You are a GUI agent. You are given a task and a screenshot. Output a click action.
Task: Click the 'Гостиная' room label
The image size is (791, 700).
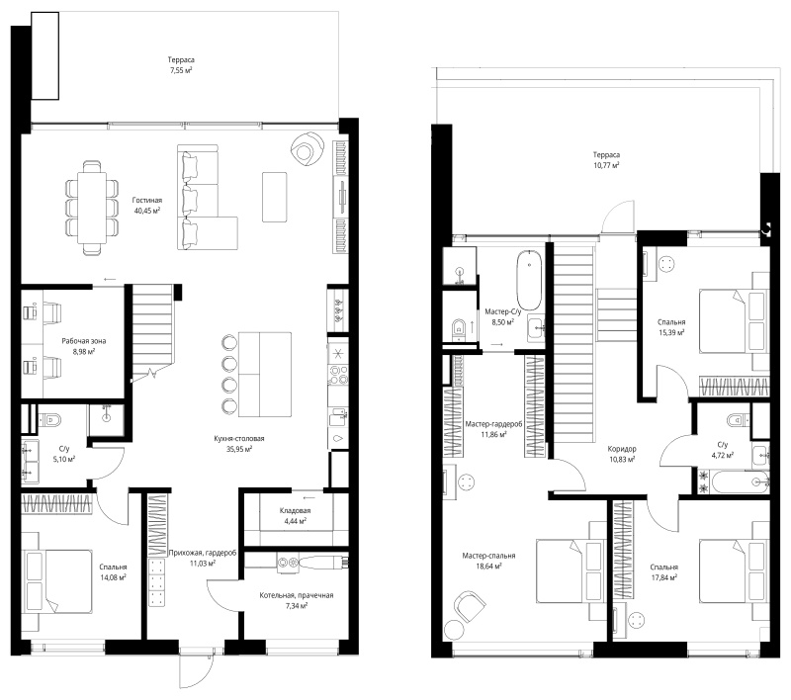pyautogui.click(x=147, y=201)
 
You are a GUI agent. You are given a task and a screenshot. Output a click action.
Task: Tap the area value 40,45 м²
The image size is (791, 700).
pyautogui.click(x=147, y=211)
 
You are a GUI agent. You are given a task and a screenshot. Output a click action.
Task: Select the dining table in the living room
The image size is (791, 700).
pyautogui.click(x=92, y=207)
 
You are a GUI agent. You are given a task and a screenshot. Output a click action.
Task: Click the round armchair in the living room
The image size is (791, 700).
pyautogui.click(x=308, y=147)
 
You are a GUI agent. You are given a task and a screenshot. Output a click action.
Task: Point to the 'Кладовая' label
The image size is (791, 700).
pyautogui.click(x=295, y=511)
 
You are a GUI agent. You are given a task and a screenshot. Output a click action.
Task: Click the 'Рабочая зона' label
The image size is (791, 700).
pyautogui.click(x=84, y=341)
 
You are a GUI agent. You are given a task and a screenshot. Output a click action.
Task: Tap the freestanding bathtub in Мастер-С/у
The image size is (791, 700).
pyautogui.click(x=529, y=280)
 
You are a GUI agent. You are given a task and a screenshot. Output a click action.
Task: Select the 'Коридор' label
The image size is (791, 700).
pyautogui.click(x=622, y=449)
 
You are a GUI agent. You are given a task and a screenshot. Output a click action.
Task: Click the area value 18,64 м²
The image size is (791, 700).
pyautogui.click(x=488, y=567)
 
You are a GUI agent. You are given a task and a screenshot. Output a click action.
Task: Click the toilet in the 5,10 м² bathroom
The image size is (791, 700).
pyautogui.click(x=49, y=419)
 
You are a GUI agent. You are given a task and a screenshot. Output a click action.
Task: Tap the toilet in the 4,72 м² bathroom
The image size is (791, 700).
pyautogui.click(x=739, y=419)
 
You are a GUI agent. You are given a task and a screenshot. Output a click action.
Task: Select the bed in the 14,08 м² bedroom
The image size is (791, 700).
pyautogui.click(x=59, y=581)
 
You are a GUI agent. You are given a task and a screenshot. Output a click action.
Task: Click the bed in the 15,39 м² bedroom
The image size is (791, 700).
pyautogui.click(x=733, y=320)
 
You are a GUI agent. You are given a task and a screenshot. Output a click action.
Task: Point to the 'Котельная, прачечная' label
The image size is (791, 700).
pyautogui.click(x=297, y=595)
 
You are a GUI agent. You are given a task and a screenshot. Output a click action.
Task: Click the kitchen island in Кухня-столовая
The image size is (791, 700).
pyautogui.click(x=265, y=374)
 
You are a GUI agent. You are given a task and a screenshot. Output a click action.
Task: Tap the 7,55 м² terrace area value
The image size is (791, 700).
pyautogui.click(x=181, y=70)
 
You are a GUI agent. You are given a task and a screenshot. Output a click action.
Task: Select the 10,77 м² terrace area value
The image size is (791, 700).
pyautogui.click(x=606, y=165)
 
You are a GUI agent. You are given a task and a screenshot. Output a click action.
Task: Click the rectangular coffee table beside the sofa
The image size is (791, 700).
pyautogui.click(x=275, y=197)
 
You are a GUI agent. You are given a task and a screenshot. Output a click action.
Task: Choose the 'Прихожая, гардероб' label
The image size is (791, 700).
pyautogui.click(x=203, y=553)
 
